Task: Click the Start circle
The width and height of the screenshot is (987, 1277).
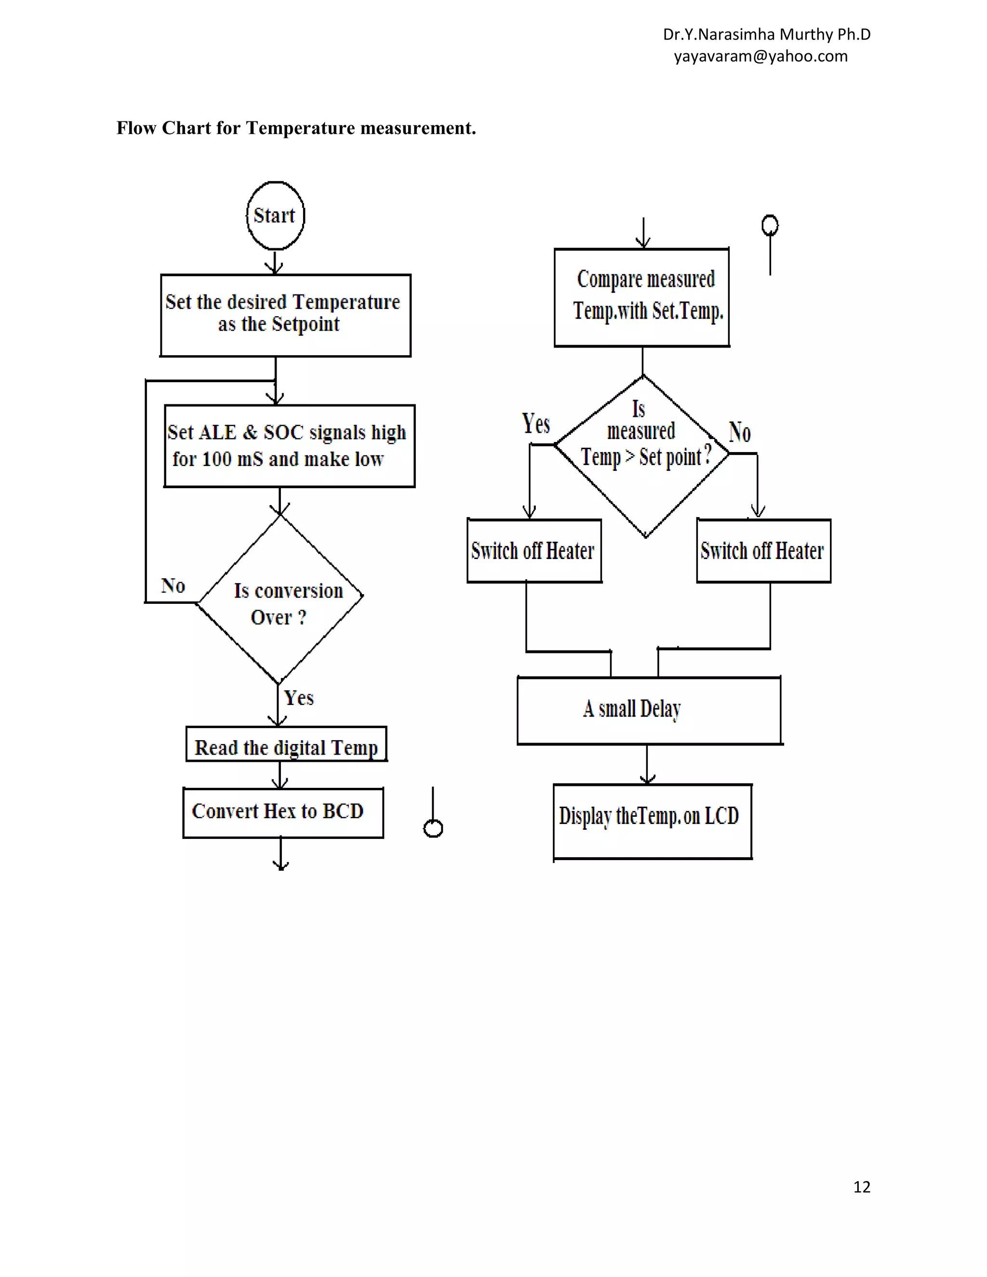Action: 275,216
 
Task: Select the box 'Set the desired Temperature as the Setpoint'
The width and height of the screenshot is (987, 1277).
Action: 285,315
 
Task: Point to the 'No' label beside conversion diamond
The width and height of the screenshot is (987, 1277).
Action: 173,585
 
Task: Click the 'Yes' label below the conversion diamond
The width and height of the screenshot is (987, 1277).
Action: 299,698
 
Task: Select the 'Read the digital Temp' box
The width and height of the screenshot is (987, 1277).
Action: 286,745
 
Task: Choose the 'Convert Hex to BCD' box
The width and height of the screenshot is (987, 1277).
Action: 283,813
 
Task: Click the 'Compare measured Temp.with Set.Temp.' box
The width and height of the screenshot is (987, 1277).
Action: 642,297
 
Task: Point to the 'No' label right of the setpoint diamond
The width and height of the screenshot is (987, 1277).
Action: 740,432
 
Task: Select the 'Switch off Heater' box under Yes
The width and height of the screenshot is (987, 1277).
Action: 534,551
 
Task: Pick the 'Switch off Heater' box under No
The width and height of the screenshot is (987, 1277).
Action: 763,551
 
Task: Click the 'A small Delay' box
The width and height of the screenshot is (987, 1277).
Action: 649,710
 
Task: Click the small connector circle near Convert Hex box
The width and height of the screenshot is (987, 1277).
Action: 433,828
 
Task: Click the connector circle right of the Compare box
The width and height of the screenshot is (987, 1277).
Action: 770,225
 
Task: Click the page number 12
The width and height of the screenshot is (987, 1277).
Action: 861,1186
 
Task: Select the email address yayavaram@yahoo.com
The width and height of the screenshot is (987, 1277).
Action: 760,56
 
